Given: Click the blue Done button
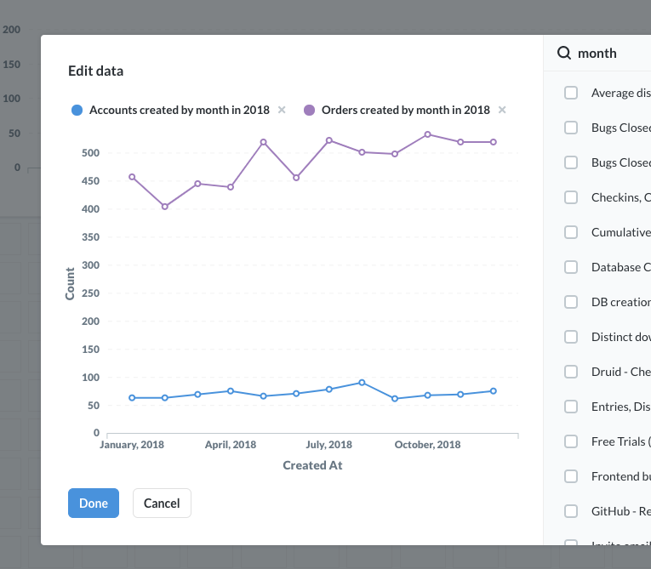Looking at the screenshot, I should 94,503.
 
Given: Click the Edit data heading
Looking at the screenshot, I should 95,71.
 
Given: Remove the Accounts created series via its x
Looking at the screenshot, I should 282,110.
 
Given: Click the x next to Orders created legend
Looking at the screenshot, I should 502,110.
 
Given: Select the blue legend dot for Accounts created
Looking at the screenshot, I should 77,110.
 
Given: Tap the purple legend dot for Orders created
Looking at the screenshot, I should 310,110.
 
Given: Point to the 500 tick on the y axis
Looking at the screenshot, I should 90,153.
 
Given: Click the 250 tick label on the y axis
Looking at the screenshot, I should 90,293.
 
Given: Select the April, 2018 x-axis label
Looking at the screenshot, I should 230,445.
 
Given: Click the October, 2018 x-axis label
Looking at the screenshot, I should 427,445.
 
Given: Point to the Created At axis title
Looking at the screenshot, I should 312,465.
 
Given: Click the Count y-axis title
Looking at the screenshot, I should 70,283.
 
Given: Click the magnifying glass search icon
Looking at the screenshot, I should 564,53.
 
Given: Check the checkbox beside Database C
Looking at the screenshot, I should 571,267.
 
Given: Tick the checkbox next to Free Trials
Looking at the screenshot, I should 571,441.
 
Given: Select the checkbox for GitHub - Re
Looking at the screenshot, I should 571,511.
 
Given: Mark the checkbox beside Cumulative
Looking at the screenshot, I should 571,232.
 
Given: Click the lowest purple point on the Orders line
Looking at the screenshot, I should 165,207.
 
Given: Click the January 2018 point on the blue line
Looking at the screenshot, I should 132,397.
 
